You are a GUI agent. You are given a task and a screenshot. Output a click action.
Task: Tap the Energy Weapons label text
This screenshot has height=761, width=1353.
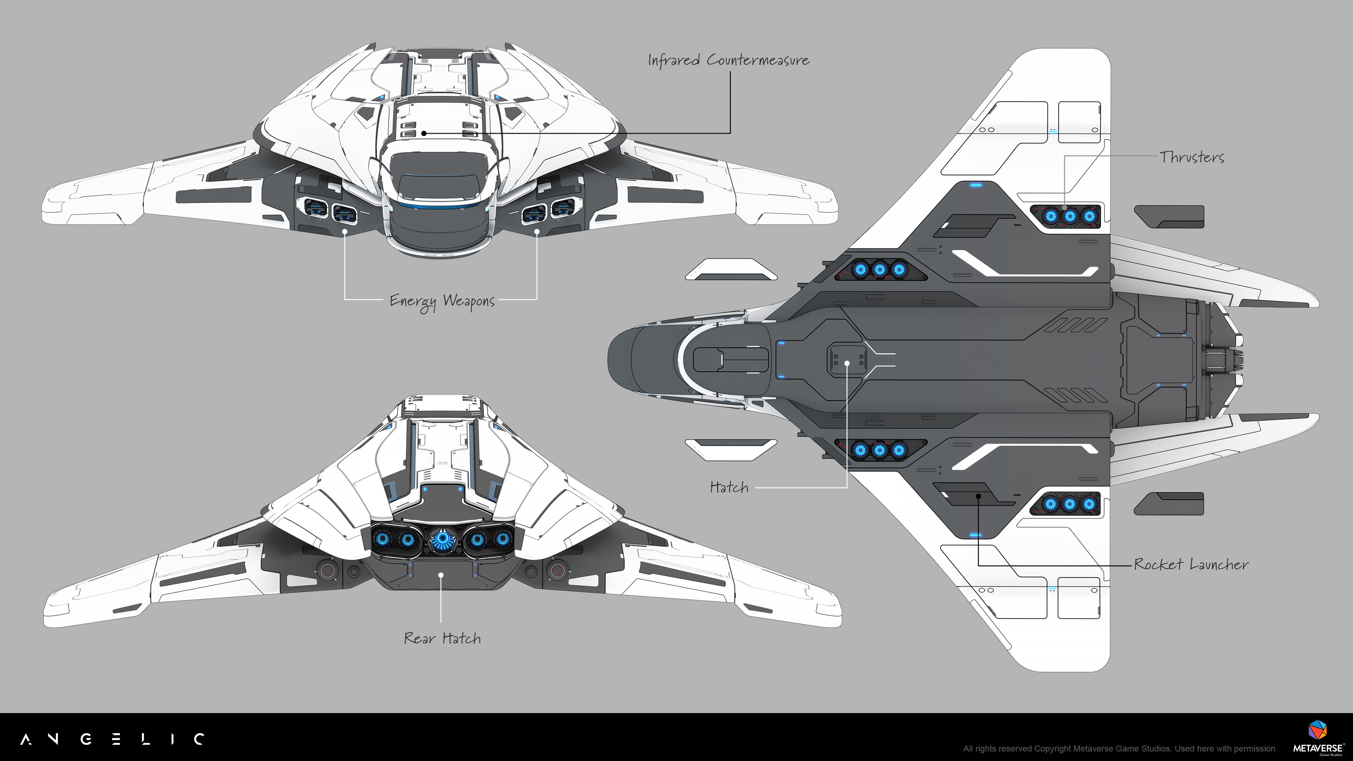[442, 301]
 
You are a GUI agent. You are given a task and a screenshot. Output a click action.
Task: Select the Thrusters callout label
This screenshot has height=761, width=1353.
[1192, 157]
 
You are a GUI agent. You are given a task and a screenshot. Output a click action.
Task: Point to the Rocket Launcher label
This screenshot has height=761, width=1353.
[1191, 564]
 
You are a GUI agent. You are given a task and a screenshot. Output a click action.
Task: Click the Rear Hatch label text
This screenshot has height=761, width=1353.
[442, 638]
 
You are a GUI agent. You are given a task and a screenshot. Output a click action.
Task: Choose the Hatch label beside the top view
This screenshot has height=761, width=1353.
[729, 487]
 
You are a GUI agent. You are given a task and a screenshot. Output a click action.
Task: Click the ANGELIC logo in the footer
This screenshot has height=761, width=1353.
[112, 739]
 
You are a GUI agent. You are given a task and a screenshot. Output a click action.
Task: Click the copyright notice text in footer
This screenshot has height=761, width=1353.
[1119, 748]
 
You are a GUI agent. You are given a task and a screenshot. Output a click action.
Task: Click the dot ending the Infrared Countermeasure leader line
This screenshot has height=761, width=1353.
[424, 134]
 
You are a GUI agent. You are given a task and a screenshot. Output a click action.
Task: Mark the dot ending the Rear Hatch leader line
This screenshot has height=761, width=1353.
[441, 575]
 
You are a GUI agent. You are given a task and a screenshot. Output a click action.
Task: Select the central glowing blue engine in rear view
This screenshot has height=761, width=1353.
[443, 539]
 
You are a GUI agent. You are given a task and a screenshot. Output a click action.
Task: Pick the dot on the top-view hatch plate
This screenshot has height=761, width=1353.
[847, 363]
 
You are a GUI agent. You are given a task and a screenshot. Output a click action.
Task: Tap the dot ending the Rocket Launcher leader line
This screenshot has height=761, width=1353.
[978, 496]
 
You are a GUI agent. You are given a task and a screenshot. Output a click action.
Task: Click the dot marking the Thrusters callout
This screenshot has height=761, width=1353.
[1065, 208]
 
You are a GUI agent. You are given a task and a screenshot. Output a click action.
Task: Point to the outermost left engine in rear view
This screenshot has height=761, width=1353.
[382, 539]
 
